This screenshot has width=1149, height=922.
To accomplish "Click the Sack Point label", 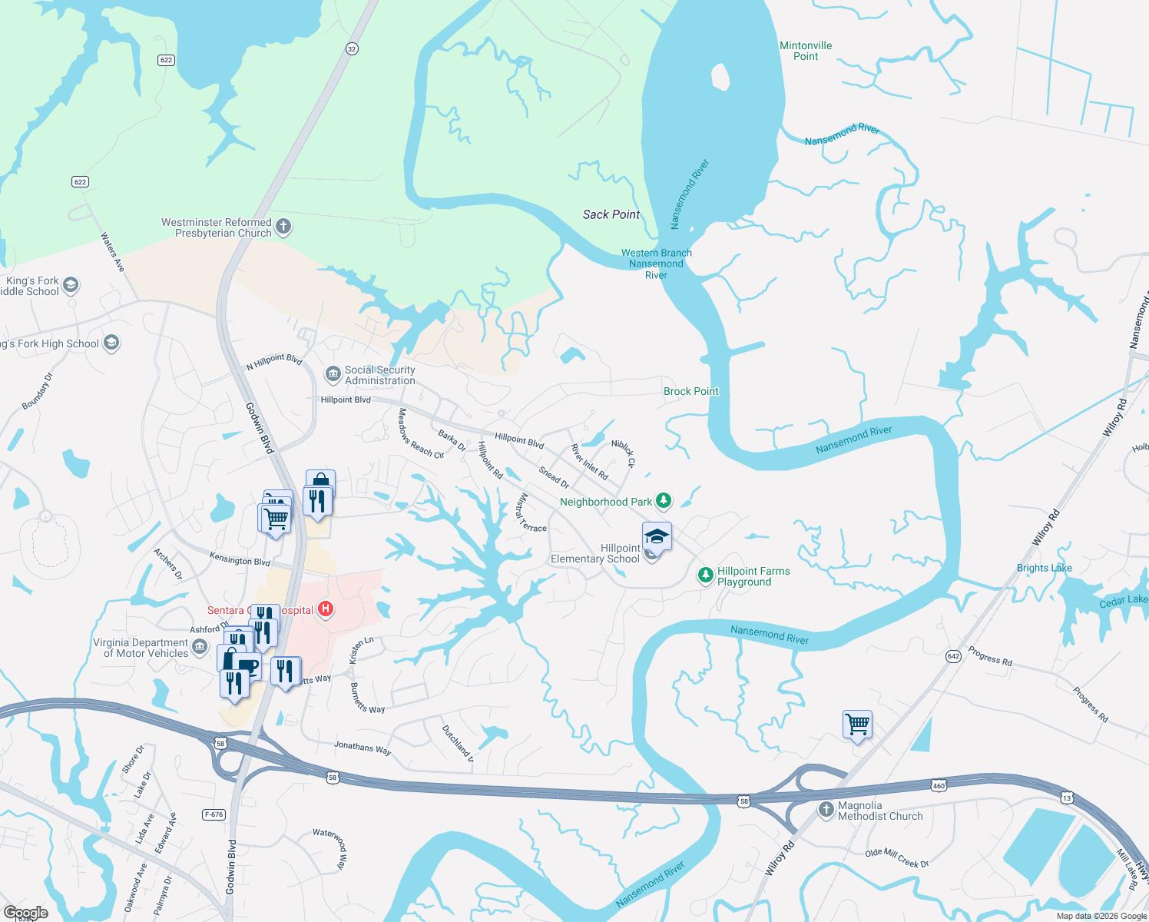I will click(611, 214).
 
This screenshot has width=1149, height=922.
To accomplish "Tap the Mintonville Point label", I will click(806, 51).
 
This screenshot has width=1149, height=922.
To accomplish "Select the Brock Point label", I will click(690, 391).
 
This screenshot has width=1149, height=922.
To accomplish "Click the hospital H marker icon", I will click(326, 609).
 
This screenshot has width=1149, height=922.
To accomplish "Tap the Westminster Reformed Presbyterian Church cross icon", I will click(283, 226).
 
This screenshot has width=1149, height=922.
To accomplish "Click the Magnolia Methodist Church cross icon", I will click(826, 809).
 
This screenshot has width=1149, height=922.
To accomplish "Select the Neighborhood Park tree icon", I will click(664, 501).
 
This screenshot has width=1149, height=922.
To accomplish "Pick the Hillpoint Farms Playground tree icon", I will click(705, 575).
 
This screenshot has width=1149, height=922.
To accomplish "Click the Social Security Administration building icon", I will click(333, 374).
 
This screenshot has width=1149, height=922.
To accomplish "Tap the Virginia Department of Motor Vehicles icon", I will click(200, 647).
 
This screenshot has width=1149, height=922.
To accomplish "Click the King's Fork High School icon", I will click(111, 343).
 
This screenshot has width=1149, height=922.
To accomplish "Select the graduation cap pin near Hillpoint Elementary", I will click(657, 536).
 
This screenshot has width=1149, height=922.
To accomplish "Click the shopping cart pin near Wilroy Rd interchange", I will click(857, 724).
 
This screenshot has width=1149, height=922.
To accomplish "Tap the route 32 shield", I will click(352, 48).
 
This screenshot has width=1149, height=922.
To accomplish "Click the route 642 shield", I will click(953, 656).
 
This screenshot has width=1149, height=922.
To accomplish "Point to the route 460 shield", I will click(939, 785).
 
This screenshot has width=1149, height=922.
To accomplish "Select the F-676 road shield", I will click(214, 814).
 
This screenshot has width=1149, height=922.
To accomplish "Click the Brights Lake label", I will click(1044, 568).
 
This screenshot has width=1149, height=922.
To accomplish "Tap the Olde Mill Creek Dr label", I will click(896, 857).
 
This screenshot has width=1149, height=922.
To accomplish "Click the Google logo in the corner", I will click(26, 913).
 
